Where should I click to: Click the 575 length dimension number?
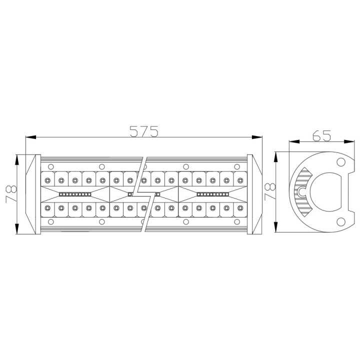pos(144,131)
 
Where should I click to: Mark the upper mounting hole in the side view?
pos(340,161)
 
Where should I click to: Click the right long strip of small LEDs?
pos(212,193)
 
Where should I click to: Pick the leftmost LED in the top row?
pos(47,179)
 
